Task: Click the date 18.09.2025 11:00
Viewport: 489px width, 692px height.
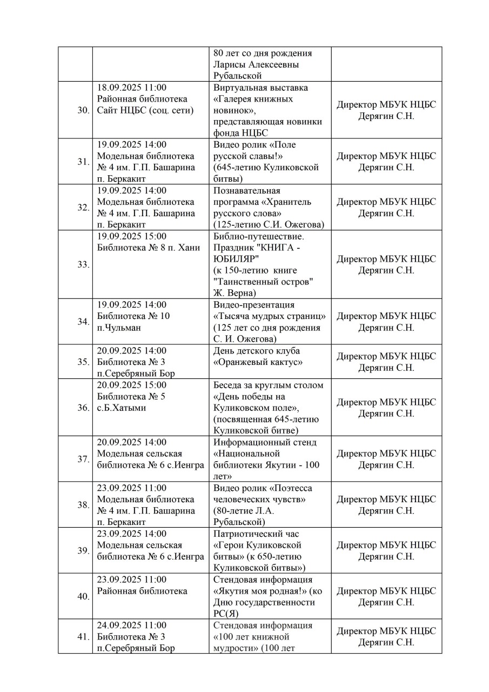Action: (x=132, y=88)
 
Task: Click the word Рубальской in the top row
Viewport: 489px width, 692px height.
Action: (x=238, y=76)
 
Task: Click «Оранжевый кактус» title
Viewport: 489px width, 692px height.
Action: (x=258, y=362)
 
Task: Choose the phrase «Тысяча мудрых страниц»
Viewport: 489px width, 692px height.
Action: (x=270, y=316)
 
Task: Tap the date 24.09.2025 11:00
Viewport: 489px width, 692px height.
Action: (x=132, y=625)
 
